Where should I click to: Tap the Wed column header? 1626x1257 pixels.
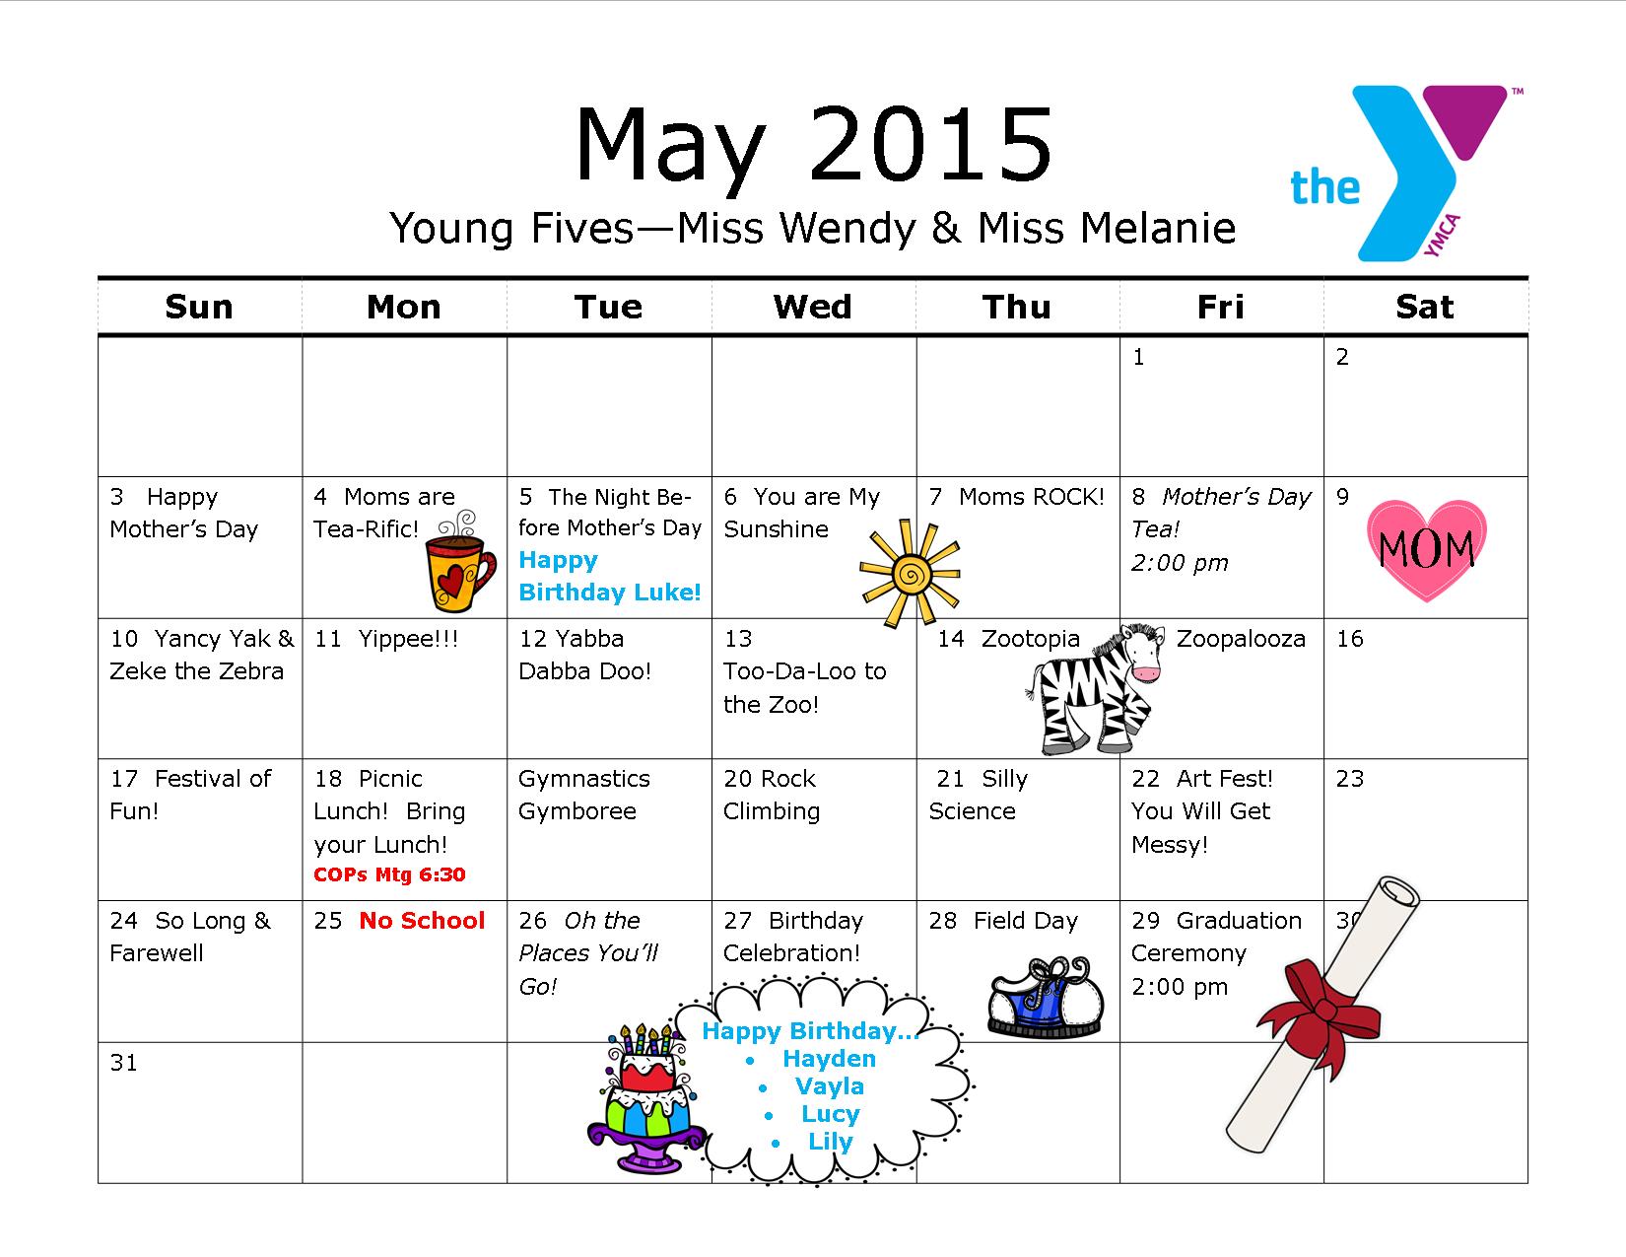[x=813, y=307]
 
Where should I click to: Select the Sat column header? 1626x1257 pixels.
[x=1425, y=307]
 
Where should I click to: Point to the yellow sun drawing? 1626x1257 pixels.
[x=910, y=574]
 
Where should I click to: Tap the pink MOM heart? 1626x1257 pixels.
[x=1426, y=550]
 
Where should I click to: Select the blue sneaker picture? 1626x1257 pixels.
[x=1046, y=997]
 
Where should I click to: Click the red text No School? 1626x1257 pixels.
[x=422, y=920]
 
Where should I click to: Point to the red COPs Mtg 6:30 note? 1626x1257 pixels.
[x=389, y=874]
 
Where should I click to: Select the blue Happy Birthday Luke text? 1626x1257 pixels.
[x=610, y=576]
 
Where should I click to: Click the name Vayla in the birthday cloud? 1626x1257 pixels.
[x=829, y=1085]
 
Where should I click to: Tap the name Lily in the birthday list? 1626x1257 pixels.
[x=831, y=1142]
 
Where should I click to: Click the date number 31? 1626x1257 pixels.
[x=123, y=1063]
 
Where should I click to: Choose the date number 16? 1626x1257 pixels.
[x=1350, y=639]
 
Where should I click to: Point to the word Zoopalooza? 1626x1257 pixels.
[x=1241, y=639]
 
